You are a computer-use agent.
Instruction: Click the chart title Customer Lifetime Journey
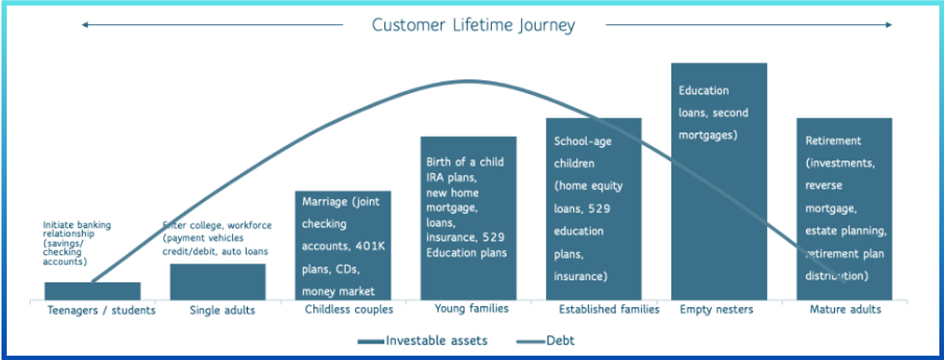click(473, 25)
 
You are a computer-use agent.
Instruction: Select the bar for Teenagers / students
click(92, 291)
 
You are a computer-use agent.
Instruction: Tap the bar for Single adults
click(218, 282)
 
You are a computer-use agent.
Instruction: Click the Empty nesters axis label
click(716, 309)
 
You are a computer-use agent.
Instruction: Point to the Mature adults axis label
click(845, 309)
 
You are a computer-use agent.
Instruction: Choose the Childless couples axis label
click(349, 309)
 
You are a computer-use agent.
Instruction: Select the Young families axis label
click(472, 308)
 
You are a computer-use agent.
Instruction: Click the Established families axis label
click(609, 309)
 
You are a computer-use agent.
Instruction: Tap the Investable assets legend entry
click(436, 340)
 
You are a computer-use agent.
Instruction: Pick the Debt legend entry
click(560, 340)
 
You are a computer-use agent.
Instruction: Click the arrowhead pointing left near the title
click(85, 25)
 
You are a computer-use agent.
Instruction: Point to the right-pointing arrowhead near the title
click(888, 25)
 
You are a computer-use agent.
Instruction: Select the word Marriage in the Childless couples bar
click(324, 202)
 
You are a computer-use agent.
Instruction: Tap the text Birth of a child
click(465, 162)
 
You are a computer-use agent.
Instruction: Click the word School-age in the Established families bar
click(583, 141)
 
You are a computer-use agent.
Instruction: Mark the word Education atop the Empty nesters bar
click(704, 90)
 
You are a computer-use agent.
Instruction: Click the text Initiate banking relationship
click(76, 229)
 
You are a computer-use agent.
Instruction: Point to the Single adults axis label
click(222, 310)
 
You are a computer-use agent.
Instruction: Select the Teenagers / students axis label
click(101, 310)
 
